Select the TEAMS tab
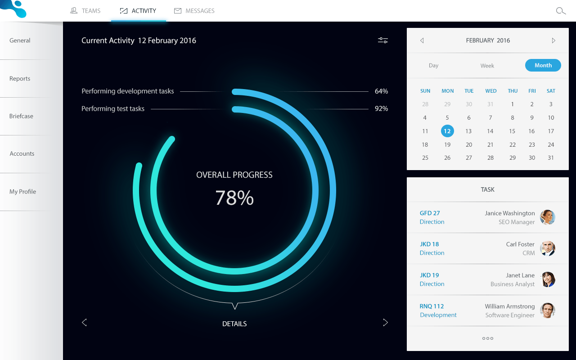tap(86, 11)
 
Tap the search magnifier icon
tap(561, 11)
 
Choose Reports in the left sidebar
tap(20, 79)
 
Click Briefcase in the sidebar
tap(21, 116)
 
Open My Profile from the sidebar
tap(22, 192)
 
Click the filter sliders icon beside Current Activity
tap(383, 40)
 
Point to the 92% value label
tap(381, 108)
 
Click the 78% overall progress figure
tap(234, 198)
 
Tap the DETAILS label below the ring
tap(234, 324)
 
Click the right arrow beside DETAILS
tap(385, 322)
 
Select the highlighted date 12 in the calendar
tap(447, 131)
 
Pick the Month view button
tap(543, 65)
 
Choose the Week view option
tap(487, 66)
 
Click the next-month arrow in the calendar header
tap(553, 40)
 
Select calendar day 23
tap(532, 145)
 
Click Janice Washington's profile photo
tap(548, 217)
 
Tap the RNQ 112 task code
tap(432, 306)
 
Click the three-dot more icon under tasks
tap(488, 338)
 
